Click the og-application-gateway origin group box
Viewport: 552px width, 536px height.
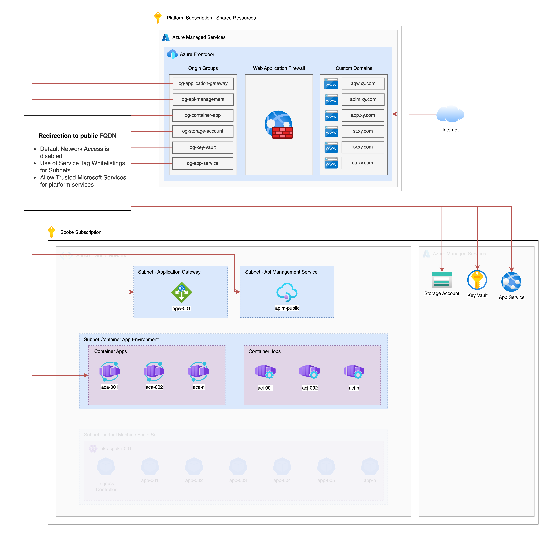[x=203, y=84]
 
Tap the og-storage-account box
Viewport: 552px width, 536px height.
[x=203, y=131]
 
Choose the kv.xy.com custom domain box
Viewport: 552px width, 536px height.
[x=362, y=147]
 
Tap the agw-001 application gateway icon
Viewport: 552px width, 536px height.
[x=181, y=292]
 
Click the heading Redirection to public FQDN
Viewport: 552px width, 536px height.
[x=77, y=136]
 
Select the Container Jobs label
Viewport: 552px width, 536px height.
[x=264, y=351]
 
